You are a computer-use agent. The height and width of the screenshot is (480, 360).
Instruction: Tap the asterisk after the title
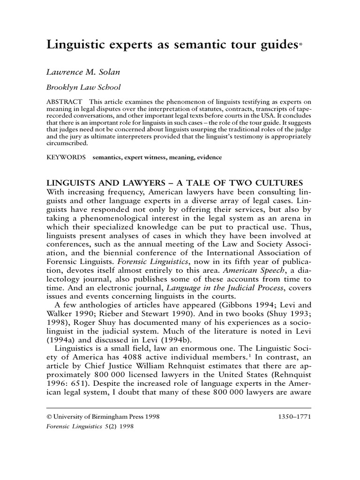(300, 45)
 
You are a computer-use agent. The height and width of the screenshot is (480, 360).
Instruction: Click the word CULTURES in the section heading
(273, 183)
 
